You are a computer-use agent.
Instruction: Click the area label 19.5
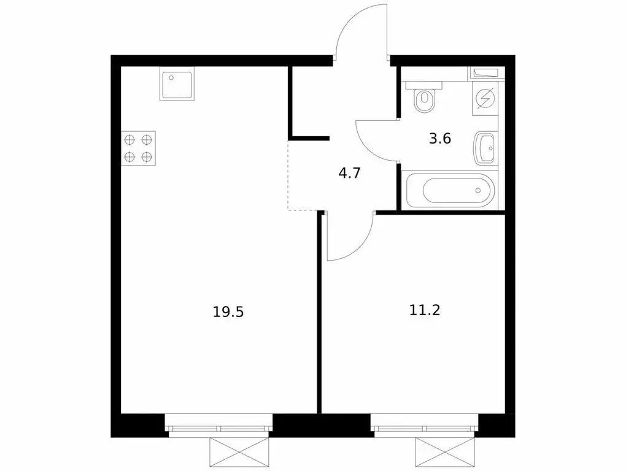(x=228, y=312)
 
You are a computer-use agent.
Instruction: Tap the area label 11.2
(x=425, y=309)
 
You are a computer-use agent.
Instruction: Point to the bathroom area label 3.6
(x=440, y=138)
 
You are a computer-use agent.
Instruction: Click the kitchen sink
(x=177, y=83)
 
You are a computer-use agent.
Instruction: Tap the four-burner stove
(x=138, y=148)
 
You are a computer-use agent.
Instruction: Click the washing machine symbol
(x=486, y=99)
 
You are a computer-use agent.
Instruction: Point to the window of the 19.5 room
(x=220, y=427)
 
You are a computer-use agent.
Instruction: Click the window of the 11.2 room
(x=425, y=427)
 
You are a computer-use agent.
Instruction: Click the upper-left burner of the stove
(x=130, y=139)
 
